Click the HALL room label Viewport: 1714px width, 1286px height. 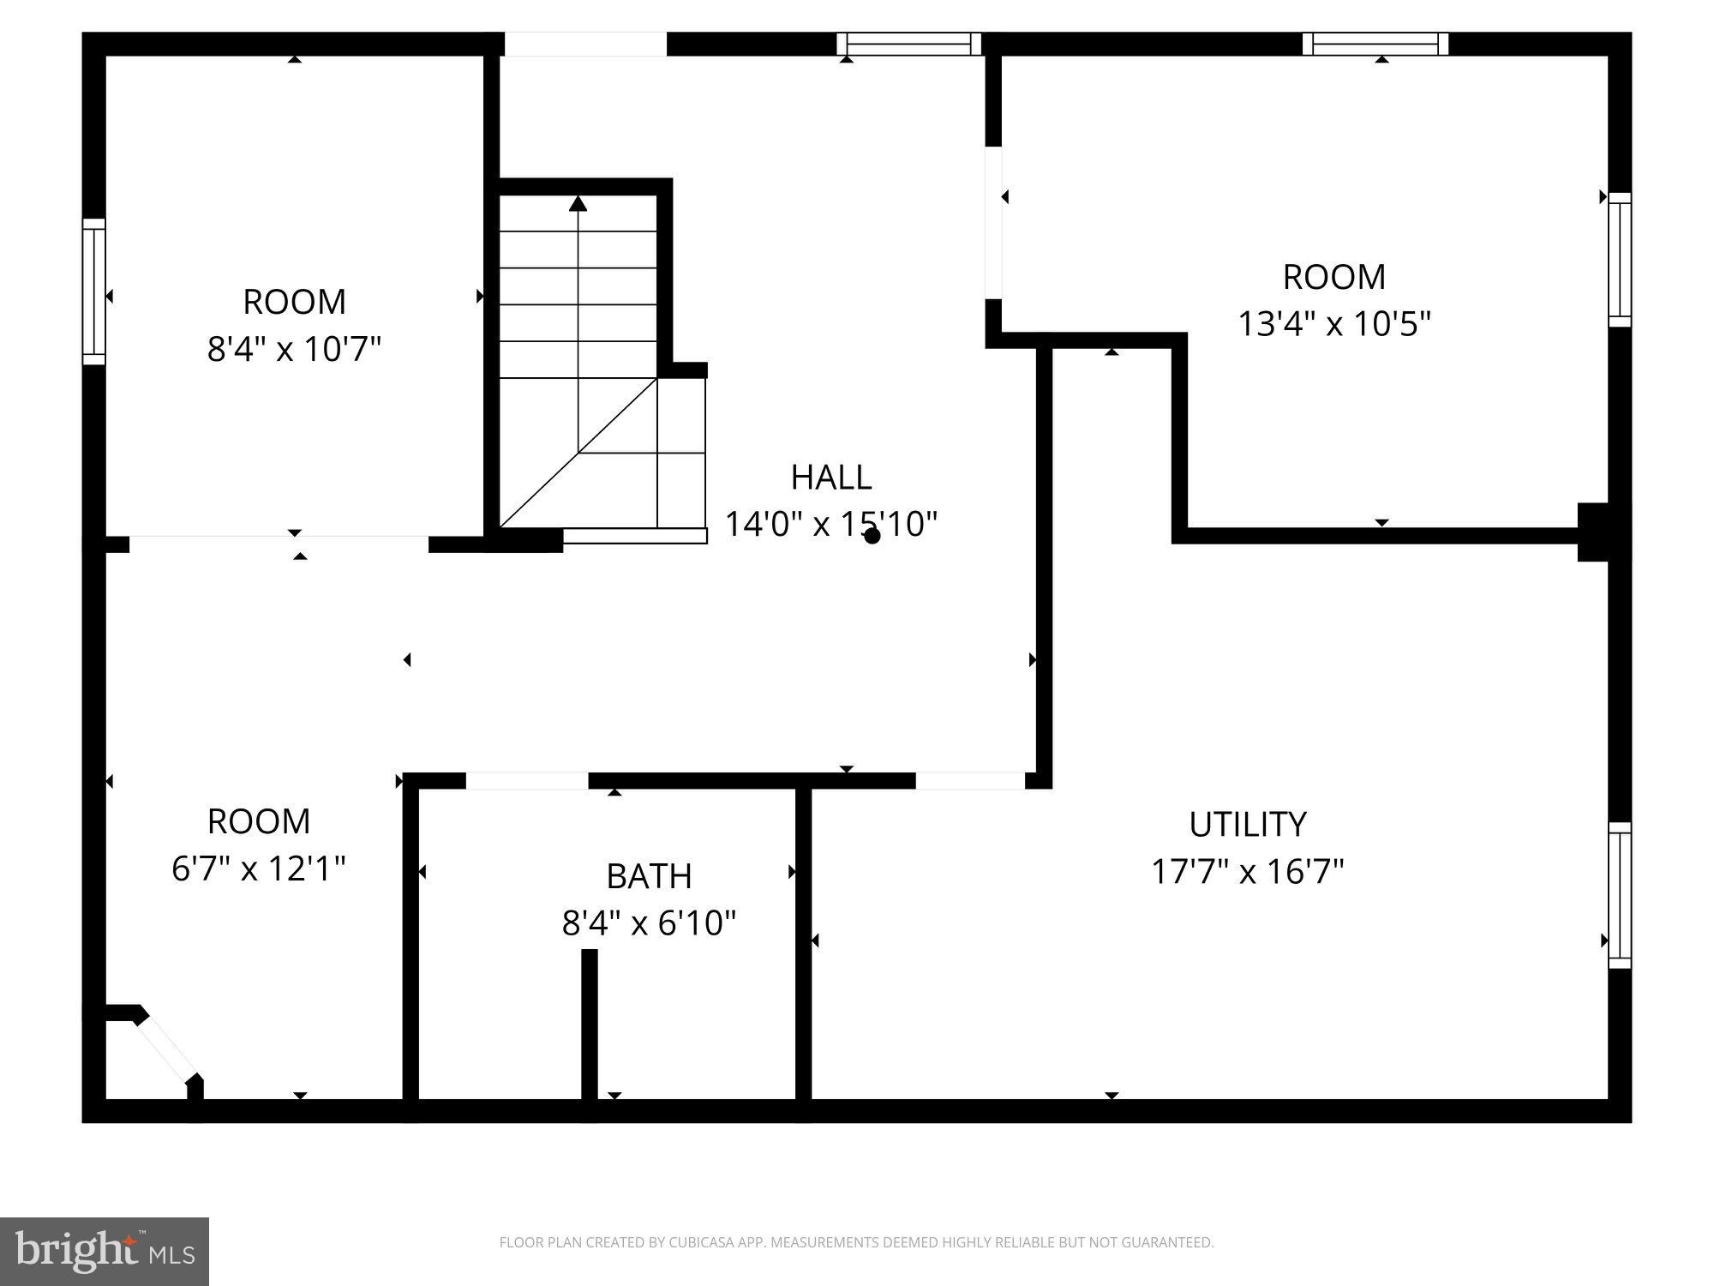click(x=830, y=478)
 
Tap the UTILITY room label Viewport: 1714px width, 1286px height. click(x=1247, y=824)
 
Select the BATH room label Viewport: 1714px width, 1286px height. click(x=649, y=876)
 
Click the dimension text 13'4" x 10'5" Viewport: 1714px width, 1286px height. click(x=1334, y=324)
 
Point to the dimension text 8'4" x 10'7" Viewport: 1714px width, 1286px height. click(x=294, y=349)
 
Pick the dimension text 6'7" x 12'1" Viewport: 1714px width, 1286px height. click(x=259, y=868)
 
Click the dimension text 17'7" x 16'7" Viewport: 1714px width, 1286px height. click(x=1247, y=872)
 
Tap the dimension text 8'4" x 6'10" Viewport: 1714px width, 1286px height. click(x=649, y=923)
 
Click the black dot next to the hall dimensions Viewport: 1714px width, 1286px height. click(x=872, y=536)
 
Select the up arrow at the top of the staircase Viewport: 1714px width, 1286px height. click(x=578, y=204)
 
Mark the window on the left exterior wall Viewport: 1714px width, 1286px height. click(x=94, y=291)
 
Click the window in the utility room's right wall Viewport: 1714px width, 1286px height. click(x=1619, y=895)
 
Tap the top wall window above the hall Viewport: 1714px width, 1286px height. click(x=909, y=44)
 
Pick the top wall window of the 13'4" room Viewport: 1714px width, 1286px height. click(x=1375, y=44)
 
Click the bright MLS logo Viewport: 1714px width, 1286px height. click(x=105, y=1252)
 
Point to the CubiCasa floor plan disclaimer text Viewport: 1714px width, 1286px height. click(x=856, y=1242)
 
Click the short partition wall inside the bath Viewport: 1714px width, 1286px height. click(x=590, y=1025)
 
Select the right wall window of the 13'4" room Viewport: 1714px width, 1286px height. click(x=1619, y=260)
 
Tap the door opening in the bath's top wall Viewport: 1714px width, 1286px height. click(x=527, y=781)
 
